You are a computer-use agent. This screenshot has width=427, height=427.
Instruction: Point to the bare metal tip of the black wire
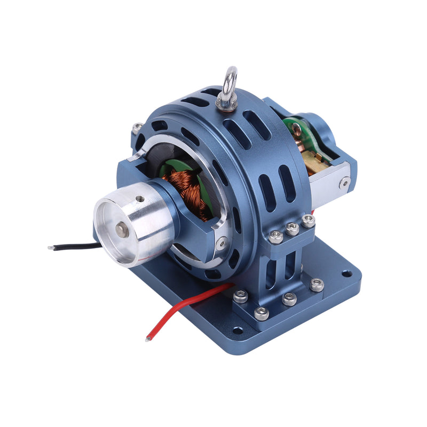pyautogui.click(x=51, y=248)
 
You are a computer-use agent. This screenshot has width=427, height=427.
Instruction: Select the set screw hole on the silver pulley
pyautogui.click(x=140, y=199)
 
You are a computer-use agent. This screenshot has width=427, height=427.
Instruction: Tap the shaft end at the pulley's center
pyautogui.click(x=121, y=230)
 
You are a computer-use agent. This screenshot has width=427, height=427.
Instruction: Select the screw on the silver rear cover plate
pyautogui.click(x=345, y=183)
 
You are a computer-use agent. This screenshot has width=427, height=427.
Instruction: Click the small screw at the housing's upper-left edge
pyautogui.click(x=137, y=128)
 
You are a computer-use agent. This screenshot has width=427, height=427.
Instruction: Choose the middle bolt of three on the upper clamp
pyautogui.click(x=291, y=228)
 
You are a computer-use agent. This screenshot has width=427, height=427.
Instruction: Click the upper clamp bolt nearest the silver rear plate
pyautogui.click(x=308, y=220)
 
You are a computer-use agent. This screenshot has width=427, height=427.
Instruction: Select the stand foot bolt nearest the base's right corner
pyautogui.click(x=317, y=284)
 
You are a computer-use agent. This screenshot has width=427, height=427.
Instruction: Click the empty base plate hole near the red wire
pyautogui.click(x=238, y=331)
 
